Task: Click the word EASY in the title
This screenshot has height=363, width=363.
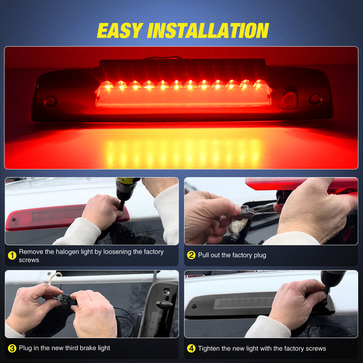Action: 120,31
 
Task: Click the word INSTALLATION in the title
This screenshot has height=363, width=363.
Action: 208,31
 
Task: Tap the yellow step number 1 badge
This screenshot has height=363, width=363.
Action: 12,256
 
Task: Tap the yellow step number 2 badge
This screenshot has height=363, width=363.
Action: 191,255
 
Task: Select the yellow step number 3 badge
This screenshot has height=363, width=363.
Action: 12,348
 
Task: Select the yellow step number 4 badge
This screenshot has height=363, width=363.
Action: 191,348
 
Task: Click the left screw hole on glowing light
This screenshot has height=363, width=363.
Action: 51,101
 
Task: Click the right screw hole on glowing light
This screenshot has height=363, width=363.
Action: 315,99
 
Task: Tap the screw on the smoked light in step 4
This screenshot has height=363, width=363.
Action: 195,306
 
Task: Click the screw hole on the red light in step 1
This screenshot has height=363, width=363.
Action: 14,220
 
